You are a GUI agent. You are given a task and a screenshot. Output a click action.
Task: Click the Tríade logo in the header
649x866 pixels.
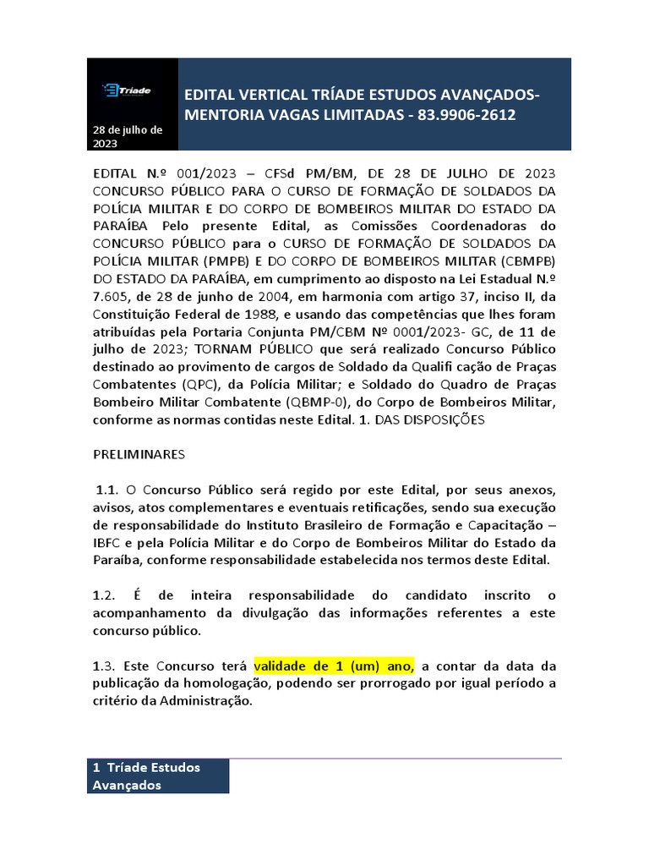[126, 90]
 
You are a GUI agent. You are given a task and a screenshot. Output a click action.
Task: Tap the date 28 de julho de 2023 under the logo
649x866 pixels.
[128, 137]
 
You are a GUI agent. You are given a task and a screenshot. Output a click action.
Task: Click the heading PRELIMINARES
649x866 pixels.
[138, 454]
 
